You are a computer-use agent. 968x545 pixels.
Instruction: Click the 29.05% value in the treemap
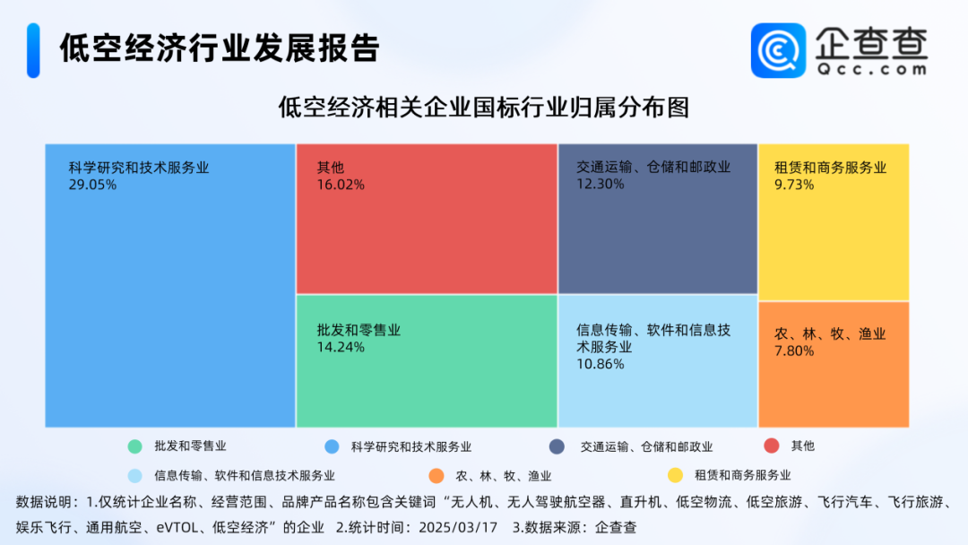(92, 185)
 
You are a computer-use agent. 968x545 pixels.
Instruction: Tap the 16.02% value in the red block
(341, 185)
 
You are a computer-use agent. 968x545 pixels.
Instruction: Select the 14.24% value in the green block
(341, 347)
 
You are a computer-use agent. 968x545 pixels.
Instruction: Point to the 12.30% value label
(600, 184)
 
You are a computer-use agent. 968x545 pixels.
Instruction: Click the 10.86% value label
(600, 364)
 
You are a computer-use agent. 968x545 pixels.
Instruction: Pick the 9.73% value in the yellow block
(794, 185)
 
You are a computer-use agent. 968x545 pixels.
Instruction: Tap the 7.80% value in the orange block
(794, 351)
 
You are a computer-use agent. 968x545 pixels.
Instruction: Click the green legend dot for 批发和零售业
(134, 446)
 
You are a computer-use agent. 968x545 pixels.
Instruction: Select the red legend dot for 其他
(772, 446)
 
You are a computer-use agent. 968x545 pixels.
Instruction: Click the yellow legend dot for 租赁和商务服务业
(676, 475)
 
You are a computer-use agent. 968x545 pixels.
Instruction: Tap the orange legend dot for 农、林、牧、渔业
(436, 476)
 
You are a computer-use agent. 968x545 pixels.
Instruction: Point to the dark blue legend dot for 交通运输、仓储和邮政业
(557, 446)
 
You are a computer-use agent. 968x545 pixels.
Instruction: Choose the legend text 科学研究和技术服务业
(411, 447)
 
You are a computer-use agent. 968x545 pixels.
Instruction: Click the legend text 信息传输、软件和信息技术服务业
(245, 476)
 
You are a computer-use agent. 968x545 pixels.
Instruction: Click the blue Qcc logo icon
(779, 50)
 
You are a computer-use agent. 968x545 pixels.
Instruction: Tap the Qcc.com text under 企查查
(872, 69)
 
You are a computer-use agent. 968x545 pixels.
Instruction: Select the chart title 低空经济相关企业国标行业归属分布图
(483, 108)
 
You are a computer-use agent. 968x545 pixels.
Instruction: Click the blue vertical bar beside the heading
(33, 50)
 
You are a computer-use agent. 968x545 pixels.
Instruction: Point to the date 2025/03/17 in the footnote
(458, 528)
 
